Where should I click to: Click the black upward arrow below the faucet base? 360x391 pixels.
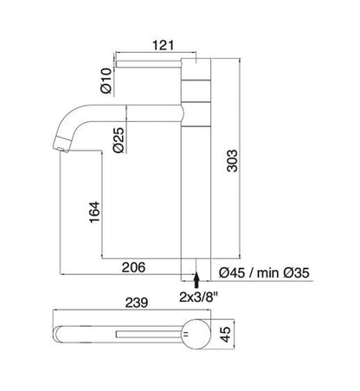click(197, 279)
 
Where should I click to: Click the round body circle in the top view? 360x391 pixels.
click(195, 333)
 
